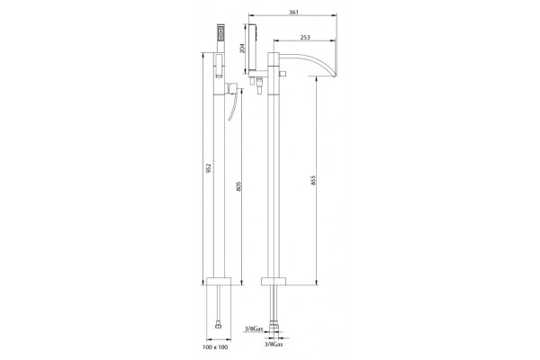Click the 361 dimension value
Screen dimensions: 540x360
(293, 13)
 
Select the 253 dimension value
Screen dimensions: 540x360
(305, 37)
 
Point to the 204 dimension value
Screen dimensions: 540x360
(242, 49)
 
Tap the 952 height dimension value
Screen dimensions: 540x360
(208, 167)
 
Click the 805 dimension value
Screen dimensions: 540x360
(239, 186)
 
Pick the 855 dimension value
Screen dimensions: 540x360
(313, 180)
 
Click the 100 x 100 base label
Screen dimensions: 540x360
(215, 347)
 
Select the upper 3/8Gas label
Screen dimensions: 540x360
(254, 329)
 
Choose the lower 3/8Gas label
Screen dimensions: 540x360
(274, 344)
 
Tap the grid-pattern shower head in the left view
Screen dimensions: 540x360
(220, 31)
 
